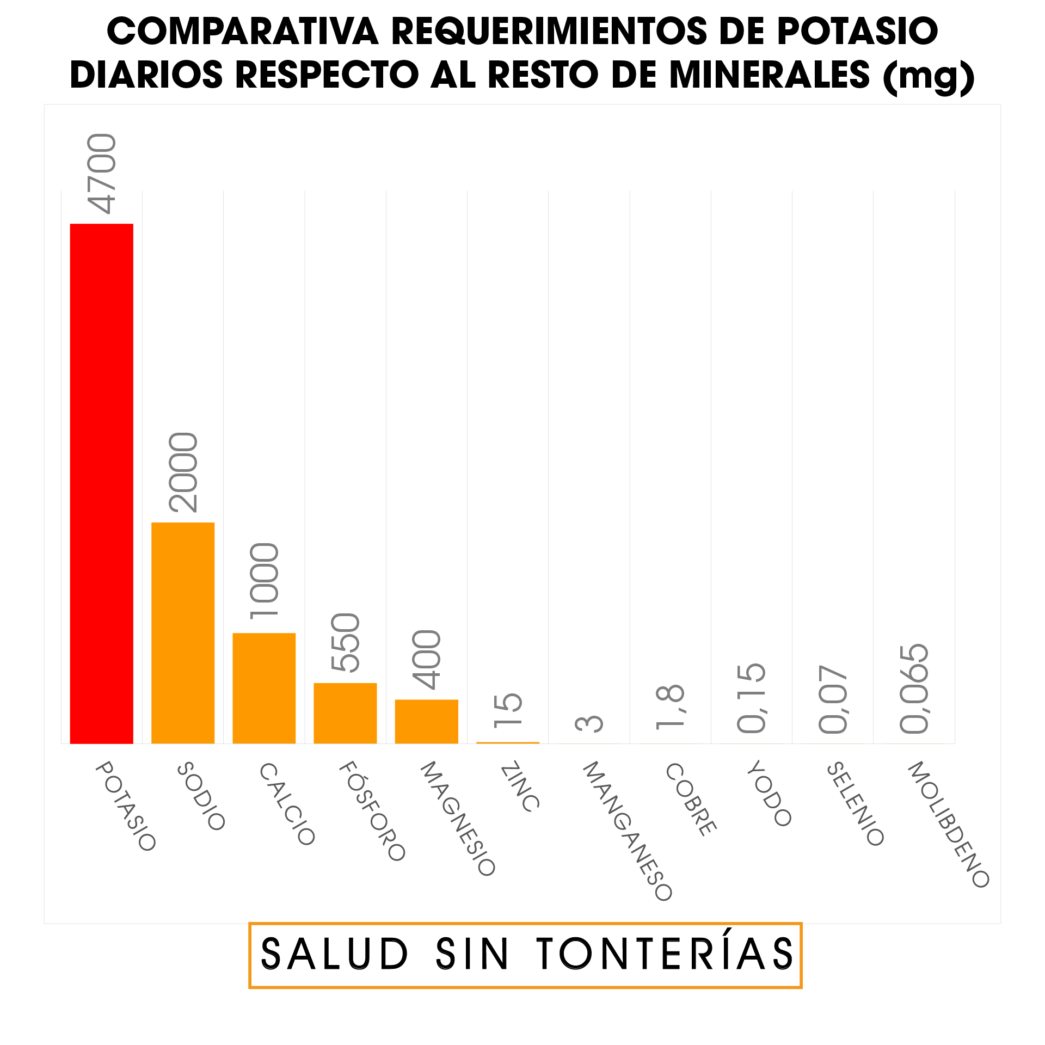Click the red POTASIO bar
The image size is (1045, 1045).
[x=102, y=483]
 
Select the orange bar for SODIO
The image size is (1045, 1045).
[x=183, y=632]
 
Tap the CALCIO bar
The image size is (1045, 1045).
[x=264, y=688]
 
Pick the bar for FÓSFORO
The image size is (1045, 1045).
[x=345, y=713]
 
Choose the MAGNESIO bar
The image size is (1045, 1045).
[x=426, y=721]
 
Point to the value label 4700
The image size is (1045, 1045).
[x=102, y=174]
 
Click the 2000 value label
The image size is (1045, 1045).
[x=183, y=472]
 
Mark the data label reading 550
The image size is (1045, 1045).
[x=345, y=642]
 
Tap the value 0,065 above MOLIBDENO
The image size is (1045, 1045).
[x=914, y=689]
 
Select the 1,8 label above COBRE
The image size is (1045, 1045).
[x=670, y=706]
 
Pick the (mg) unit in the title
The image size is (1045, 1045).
[x=929, y=76]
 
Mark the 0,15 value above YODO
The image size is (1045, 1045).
[x=751, y=698]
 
